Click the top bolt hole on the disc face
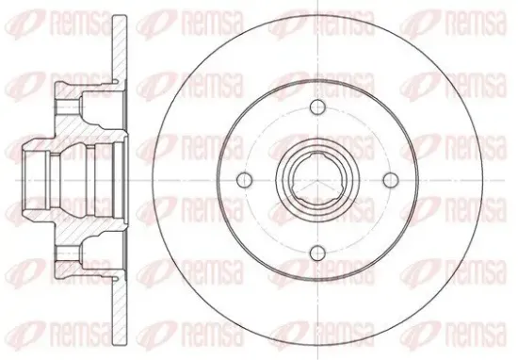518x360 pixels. (317, 106)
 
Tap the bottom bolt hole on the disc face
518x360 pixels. (317, 254)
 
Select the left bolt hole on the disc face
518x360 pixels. (245, 180)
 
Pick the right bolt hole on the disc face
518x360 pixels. (391, 180)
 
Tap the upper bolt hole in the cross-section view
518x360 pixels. (69, 106)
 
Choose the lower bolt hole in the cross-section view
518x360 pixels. (69, 254)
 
